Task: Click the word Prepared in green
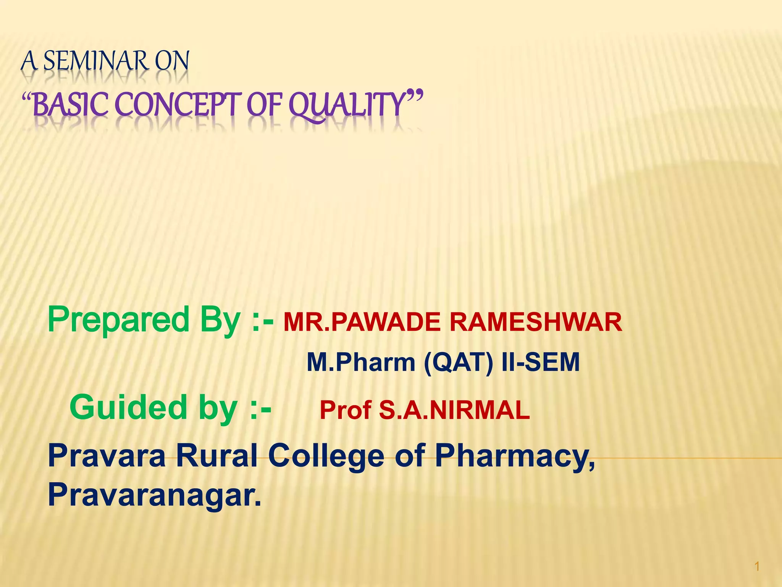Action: point(118,320)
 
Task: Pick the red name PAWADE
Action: point(386,322)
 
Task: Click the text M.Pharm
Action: point(361,362)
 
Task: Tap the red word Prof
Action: point(346,410)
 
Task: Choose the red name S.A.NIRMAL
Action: point(454,410)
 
